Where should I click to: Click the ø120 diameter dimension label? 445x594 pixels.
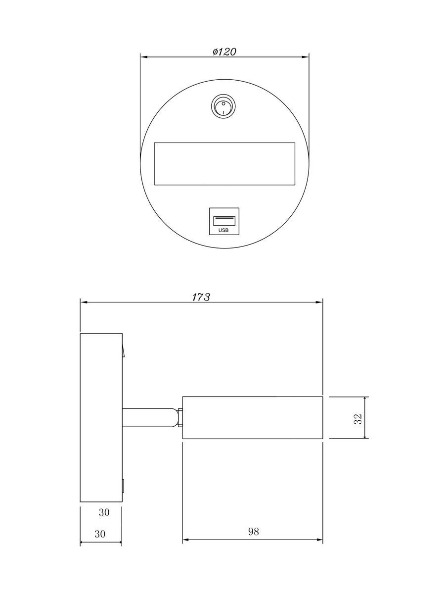224,51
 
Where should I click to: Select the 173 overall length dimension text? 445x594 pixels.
201,297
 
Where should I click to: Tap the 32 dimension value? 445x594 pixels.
359,418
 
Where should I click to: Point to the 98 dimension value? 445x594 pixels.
253,532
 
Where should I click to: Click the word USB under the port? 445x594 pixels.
223,230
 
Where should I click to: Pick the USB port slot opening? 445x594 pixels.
223,218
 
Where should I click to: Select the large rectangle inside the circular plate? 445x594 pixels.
224,164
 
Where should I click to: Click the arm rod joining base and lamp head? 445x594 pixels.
148,417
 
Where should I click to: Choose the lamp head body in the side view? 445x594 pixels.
253,417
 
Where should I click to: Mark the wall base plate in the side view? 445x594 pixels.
101,417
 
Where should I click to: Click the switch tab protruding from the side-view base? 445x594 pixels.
124,350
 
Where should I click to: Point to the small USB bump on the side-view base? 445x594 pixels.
123,487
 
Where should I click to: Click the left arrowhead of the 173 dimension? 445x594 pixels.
83,301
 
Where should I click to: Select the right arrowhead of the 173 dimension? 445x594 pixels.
320,301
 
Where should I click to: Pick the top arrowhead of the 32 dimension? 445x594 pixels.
365,399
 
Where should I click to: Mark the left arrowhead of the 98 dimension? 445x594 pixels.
185,539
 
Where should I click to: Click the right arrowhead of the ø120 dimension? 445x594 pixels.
307,57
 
